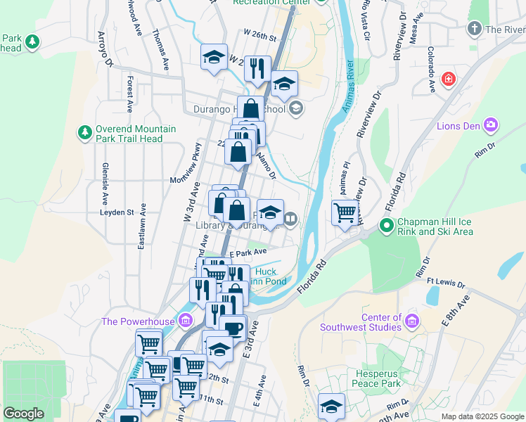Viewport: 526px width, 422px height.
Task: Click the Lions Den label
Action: (x=458, y=126)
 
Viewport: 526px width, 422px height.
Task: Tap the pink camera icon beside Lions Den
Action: (x=491, y=126)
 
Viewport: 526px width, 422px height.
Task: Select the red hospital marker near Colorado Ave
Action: (x=448, y=79)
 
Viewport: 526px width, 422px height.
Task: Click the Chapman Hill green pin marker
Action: (x=385, y=226)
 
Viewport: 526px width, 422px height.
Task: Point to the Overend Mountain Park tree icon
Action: (x=84, y=132)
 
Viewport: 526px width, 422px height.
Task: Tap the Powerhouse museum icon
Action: (x=186, y=321)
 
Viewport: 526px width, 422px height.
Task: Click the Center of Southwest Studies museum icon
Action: (x=412, y=321)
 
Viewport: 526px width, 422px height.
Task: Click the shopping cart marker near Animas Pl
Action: (x=345, y=212)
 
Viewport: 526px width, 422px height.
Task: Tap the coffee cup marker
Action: (x=233, y=327)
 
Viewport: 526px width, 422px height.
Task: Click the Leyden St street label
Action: (x=116, y=212)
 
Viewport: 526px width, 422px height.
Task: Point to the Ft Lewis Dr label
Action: (x=445, y=282)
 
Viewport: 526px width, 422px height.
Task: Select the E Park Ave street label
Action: (x=248, y=252)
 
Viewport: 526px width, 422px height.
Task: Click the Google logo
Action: (x=23, y=414)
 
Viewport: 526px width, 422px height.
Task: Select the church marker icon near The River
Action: (x=474, y=30)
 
